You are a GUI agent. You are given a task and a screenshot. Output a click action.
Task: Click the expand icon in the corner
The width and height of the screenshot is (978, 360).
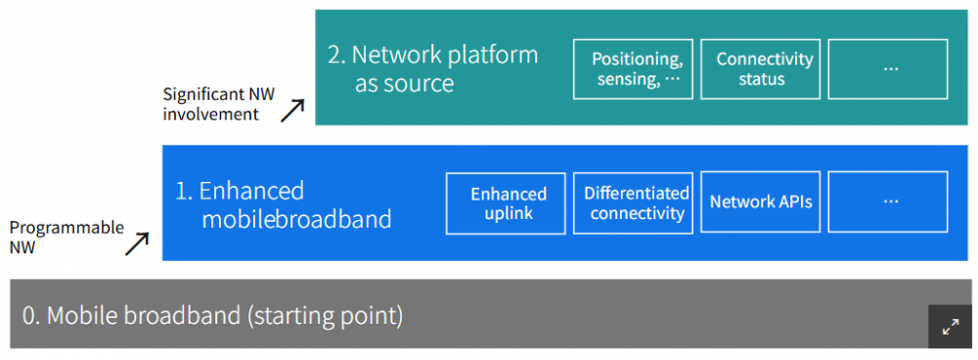pos(950,327)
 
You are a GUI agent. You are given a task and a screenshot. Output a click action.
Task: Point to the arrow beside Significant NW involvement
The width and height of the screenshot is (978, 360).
pos(292,110)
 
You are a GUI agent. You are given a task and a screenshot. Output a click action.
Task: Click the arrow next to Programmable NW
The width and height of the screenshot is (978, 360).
pos(137,244)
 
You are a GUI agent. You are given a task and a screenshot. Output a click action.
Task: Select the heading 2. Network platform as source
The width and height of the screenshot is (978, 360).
pos(433,68)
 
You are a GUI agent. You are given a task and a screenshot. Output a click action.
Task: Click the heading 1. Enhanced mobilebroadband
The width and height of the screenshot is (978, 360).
pos(284,204)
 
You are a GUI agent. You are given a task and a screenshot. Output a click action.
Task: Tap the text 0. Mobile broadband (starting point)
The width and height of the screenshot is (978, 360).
pos(212,316)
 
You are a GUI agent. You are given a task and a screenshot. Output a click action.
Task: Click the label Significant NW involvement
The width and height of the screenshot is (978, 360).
pos(218,105)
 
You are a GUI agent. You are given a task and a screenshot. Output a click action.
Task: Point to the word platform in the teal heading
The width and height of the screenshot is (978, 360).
pos(493,56)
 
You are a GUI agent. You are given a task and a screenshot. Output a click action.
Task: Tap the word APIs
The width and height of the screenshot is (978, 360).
pos(793,202)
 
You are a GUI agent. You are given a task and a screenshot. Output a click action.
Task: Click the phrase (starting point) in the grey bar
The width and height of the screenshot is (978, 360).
pos(325,316)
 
